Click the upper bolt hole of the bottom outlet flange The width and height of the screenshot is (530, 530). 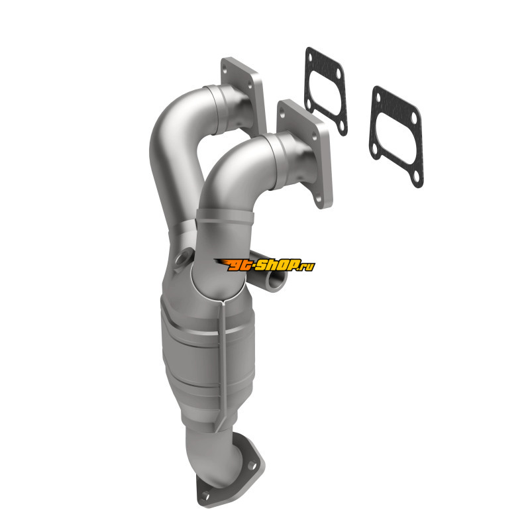(x=252, y=466)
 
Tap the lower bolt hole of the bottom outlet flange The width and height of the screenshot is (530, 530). (x=205, y=496)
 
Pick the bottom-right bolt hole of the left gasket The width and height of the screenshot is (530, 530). (x=341, y=127)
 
